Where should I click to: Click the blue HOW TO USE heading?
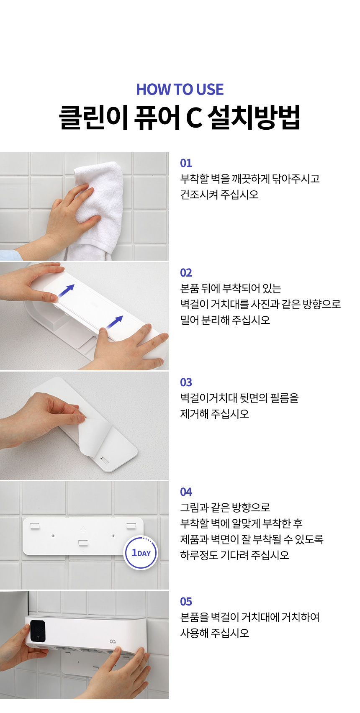click(180, 90)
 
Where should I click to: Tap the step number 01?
click(186, 163)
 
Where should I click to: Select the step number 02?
click(186, 273)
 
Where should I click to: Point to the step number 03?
click(186, 382)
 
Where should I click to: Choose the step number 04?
click(186, 492)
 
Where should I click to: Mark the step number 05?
click(186, 602)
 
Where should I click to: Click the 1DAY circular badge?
click(141, 553)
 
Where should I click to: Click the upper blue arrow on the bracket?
click(66, 291)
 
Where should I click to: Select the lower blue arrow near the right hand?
click(115, 322)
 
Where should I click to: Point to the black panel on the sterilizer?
click(38, 631)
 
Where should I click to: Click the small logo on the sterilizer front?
click(113, 641)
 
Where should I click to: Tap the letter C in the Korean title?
click(193, 118)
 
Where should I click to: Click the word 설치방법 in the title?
click(254, 117)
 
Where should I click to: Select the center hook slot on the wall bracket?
click(83, 542)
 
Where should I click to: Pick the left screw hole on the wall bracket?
click(53, 536)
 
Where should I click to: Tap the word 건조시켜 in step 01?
click(199, 194)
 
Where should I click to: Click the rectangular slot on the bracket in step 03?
click(104, 460)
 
